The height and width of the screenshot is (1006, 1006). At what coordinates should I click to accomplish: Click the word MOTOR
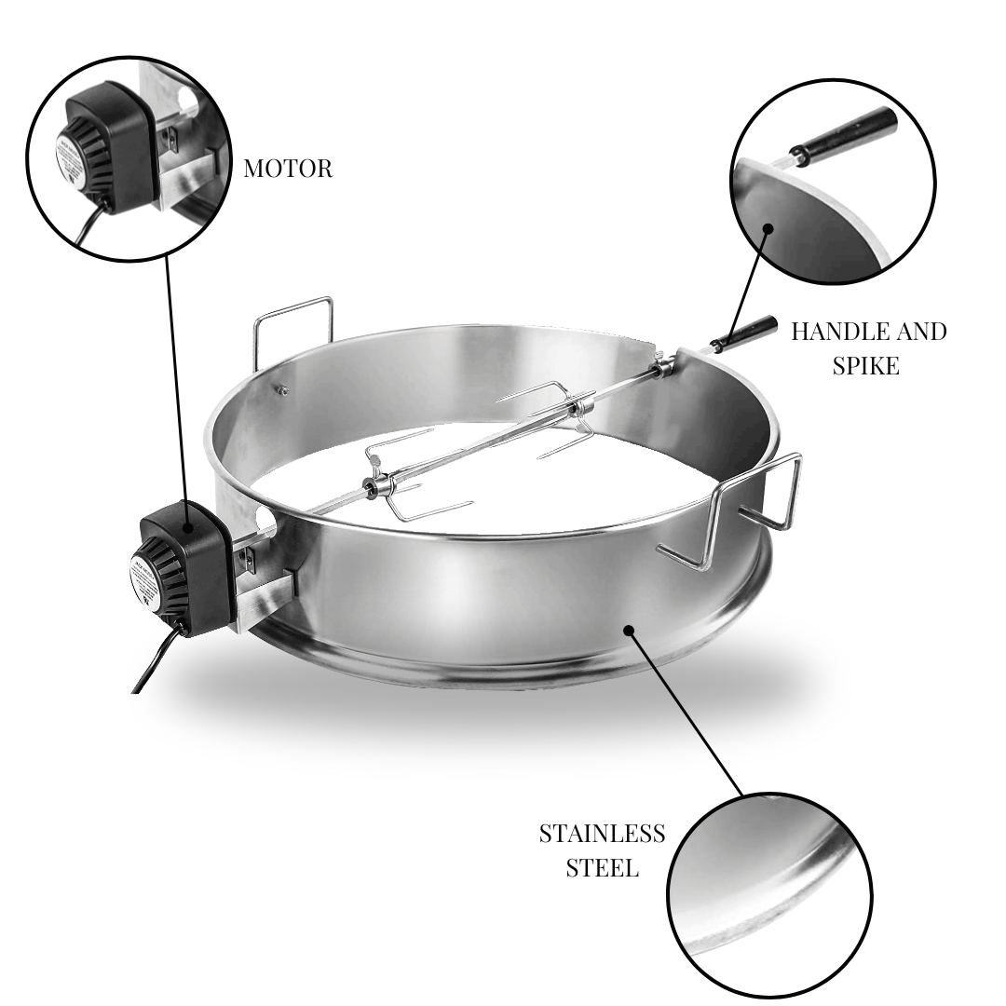(287, 169)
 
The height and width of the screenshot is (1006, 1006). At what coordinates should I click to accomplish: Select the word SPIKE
(865, 365)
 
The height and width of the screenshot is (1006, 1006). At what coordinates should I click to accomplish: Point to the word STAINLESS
(602, 833)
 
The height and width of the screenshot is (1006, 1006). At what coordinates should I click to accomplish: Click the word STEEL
(602, 868)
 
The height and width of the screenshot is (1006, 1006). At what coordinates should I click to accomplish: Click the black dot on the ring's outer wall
(630, 631)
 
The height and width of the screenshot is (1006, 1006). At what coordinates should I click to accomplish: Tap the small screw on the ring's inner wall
(283, 389)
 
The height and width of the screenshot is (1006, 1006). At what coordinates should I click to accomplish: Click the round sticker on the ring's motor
(147, 582)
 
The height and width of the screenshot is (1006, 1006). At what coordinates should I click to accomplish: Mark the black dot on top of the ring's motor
(190, 528)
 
